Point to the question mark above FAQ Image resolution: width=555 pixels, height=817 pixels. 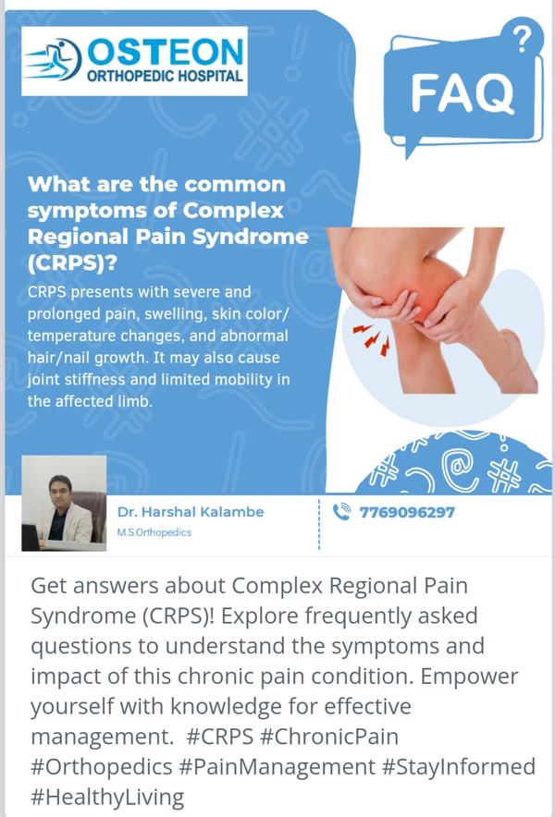(520, 40)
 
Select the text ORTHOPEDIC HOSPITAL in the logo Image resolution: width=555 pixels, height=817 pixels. (165, 76)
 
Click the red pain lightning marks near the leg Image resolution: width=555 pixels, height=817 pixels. (372, 336)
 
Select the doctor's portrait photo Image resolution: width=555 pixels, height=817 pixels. (64, 503)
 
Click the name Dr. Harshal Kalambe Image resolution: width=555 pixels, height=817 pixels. (191, 512)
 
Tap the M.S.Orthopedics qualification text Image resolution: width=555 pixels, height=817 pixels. (154, 532)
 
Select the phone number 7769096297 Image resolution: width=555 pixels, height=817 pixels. (407, 513)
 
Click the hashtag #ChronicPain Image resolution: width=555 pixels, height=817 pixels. (328, 737)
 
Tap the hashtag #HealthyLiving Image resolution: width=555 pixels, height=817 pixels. (107, 798)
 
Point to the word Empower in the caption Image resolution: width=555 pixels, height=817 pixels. (470, 677)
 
